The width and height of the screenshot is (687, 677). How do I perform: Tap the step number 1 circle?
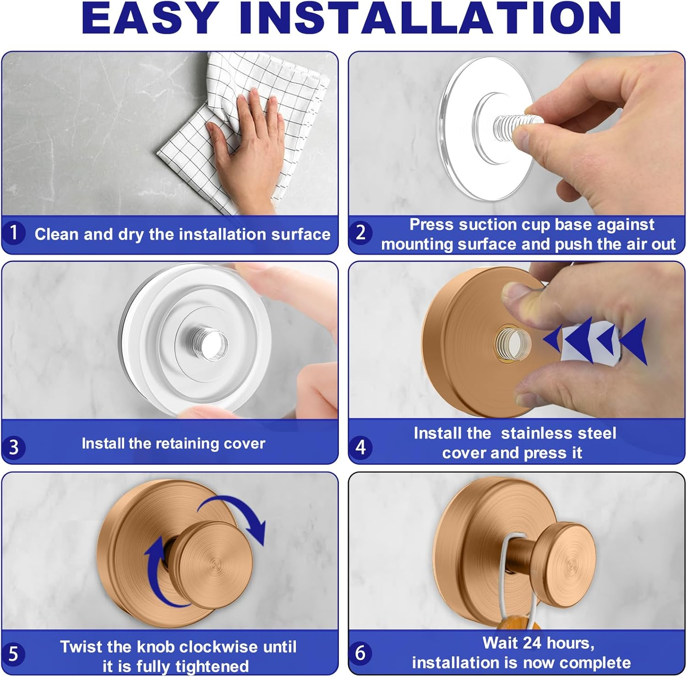(14, 233)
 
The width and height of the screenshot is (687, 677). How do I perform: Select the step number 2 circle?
(360, 233)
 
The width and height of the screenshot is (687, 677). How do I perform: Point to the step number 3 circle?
(14, 447)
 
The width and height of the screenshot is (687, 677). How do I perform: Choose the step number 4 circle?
(360, 447)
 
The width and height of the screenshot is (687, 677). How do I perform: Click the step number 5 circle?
(14, 654)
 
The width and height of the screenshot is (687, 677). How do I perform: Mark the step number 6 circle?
(360, 653)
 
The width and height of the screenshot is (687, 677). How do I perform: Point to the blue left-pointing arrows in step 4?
(595, 341)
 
